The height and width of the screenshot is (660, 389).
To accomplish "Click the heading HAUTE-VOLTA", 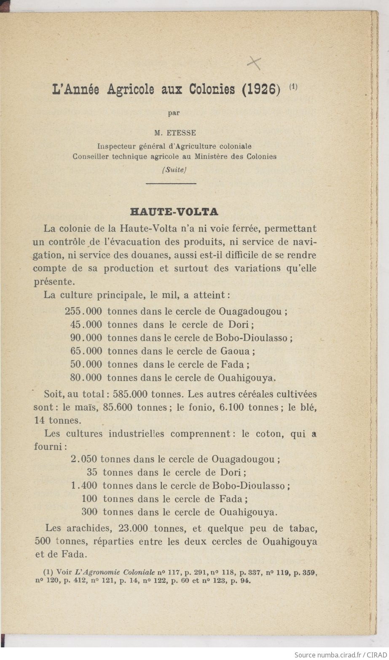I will coord(174,211).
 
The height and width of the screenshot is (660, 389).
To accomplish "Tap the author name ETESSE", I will coord(182,133).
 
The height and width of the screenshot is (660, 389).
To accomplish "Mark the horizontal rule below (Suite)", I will coord(171,183).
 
